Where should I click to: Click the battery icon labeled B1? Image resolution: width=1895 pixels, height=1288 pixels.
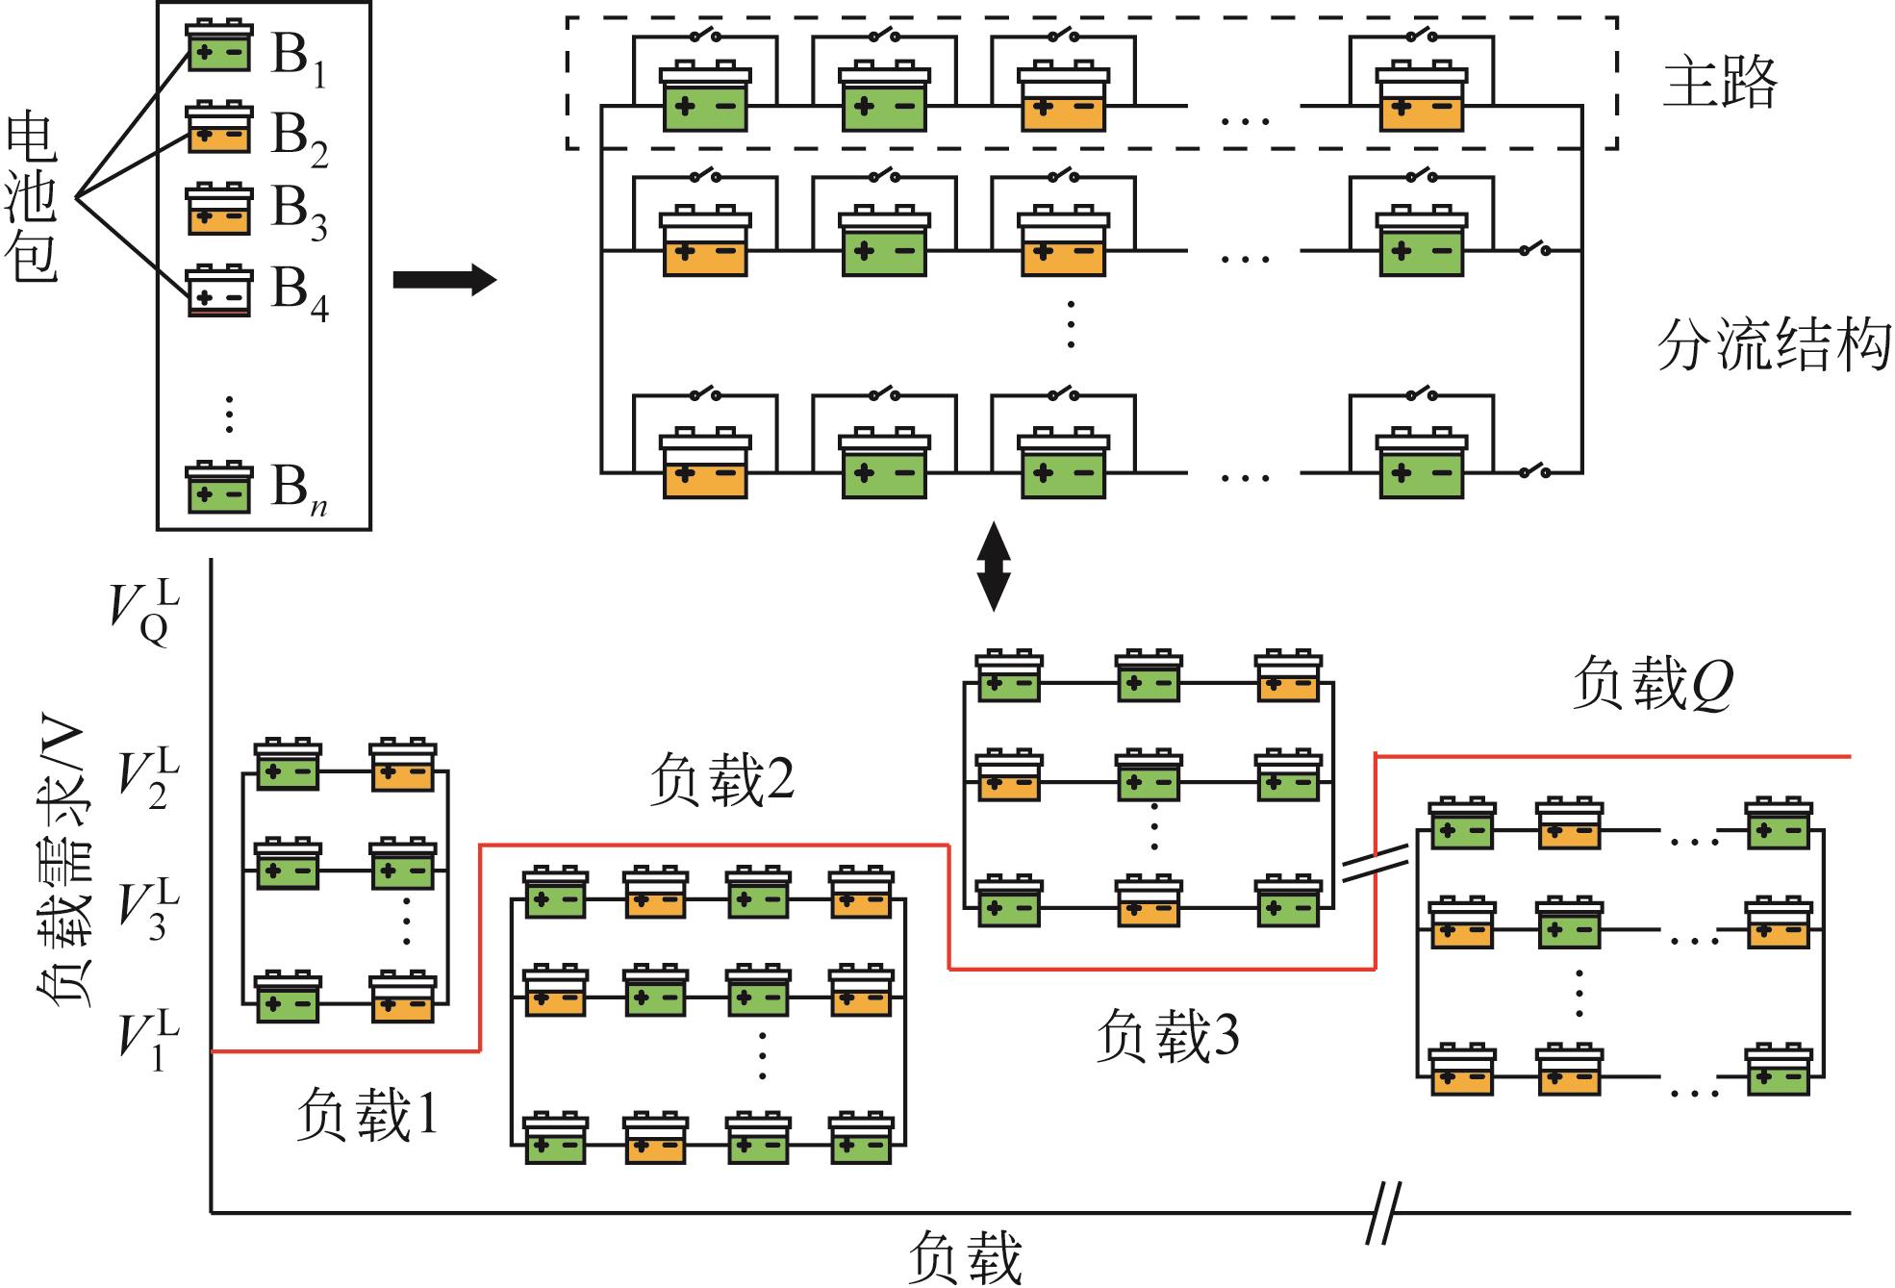(219, 45)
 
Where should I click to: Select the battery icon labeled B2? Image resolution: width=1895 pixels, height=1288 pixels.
(219, 127)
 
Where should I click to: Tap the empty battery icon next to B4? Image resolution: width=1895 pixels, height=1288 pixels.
(219, 290)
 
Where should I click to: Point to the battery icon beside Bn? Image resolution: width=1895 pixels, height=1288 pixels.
(219, 488)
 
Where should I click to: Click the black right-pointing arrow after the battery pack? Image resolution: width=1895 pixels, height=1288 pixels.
(444, 280)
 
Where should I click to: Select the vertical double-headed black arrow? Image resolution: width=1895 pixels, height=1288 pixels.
(994, 567)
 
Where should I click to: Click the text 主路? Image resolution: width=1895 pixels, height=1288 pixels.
(1719, 83)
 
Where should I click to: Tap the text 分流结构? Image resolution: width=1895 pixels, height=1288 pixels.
(1773, 345)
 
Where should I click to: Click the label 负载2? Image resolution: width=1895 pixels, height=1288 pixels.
(722, 779)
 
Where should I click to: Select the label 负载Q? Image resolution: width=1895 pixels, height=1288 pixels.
(1653, 685)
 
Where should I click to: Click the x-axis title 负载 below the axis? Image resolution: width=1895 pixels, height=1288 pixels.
(965, 1257)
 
